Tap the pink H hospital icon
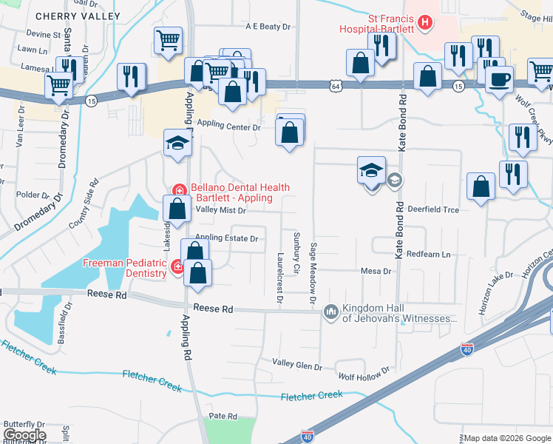pyautogui.click(x=424, y=23)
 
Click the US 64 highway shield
pyautogui.click(x=336, y=87)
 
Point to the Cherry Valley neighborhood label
pyautogui.click(x=78, y=16)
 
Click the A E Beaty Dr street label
pyautogui.click(x=269, y=27)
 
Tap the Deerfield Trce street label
pyautogui.click(x=433, y=210)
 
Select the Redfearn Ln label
pyautogui.click(x=428, y=255)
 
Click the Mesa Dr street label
pyautogui.click(x=376, y=272)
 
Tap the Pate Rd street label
pyautogui.click(x=222, y=417)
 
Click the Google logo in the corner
pyautogui.click(x=24, y=435)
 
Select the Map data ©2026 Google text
pyautogui.click(x=507, y=438)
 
